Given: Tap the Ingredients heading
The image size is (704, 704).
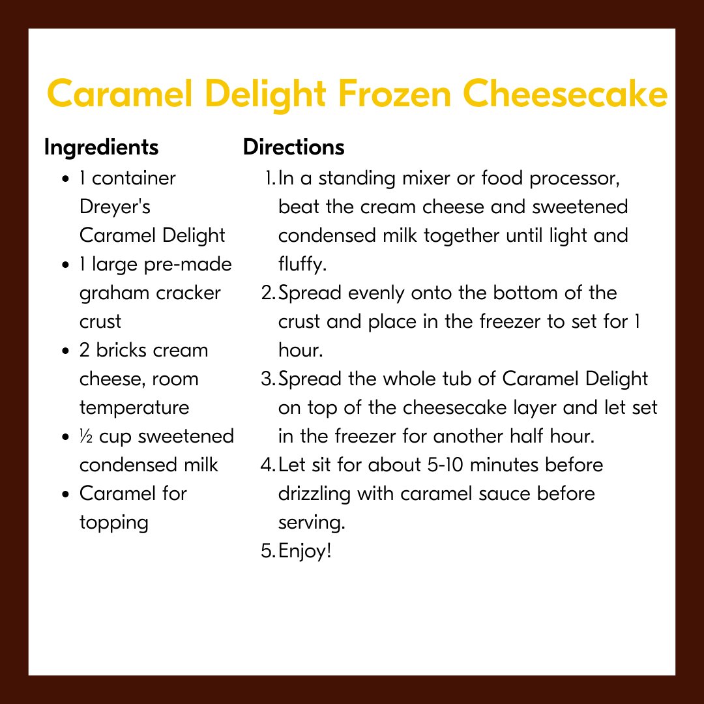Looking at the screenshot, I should click(x=101, y=148).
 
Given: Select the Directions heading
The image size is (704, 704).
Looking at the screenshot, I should click(x=293, y=148).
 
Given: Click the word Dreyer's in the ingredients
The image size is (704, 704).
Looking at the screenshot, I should click(x=115, y=207).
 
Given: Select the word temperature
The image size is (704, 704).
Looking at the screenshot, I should click(x=134, y=407).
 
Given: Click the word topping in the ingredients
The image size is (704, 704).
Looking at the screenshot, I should click(x=114, y=522).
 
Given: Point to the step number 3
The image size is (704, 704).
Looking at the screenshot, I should click(x=266, y=379).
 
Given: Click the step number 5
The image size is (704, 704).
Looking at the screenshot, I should click(x=266, y=551).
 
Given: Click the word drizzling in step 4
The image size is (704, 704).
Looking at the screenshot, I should click(x=314, y=493).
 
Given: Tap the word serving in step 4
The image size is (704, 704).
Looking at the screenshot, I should click(x=310, y=522).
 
